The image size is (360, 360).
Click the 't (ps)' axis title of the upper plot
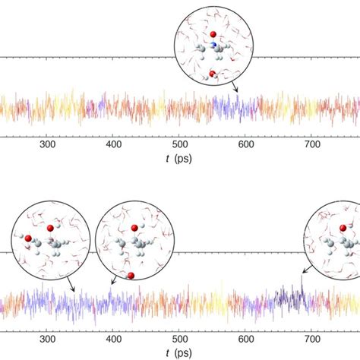179,159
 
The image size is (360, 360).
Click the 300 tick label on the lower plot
47,340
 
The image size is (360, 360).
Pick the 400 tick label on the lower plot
113,340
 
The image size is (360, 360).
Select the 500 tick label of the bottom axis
179,340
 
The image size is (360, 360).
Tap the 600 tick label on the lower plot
245,340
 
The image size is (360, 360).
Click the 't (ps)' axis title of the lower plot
179,354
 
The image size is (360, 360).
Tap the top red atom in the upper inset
213,34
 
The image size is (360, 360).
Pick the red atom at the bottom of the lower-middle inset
131,275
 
